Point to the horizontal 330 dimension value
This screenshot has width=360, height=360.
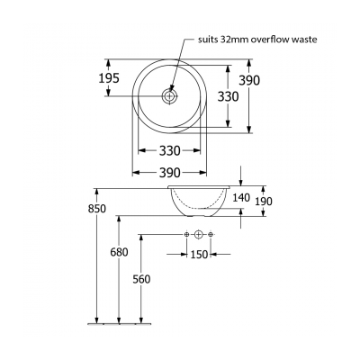pos(170,150)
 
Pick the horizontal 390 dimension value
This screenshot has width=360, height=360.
pos(170,172)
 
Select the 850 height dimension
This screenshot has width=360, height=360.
pos(97,209)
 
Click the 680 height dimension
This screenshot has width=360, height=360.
pos(120,253)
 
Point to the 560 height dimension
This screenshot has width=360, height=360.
pos(140,279)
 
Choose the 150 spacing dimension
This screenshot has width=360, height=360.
pos(198,255)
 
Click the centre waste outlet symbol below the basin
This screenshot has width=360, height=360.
pos(198,236)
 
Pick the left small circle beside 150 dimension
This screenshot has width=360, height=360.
pos(186,236)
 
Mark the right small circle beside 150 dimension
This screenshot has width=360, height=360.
pos(210,236)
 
